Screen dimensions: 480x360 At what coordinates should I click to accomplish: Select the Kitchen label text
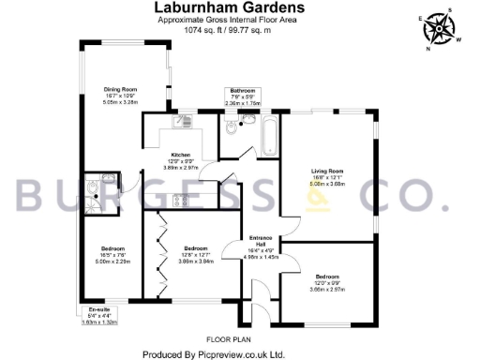click(181, 155)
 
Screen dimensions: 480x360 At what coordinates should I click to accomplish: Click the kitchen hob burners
click(178, 199)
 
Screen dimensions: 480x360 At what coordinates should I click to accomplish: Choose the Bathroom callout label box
click(242, 97)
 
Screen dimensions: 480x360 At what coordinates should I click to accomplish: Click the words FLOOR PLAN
click(225, 337)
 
